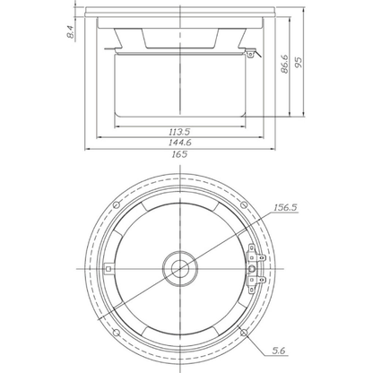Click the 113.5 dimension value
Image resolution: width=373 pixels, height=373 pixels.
(179, 132)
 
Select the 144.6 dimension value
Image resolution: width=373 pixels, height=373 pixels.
(180, 143)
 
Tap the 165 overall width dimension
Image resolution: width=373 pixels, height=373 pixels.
(179, 154)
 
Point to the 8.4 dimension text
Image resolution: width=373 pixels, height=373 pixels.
(70, 31)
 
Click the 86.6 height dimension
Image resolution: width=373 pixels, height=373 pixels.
(284, 64)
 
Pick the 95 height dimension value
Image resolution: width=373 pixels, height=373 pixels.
(299, 62)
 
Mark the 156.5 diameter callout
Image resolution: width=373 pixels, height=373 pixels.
(286, 207)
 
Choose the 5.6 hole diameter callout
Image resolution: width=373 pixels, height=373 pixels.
(279, 351)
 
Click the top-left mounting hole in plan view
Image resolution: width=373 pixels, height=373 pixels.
(117, 204)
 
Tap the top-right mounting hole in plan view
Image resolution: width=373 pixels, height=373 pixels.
(244, 204)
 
